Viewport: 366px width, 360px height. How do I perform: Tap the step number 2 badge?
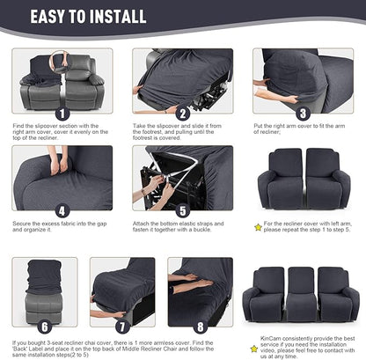pos(183,113)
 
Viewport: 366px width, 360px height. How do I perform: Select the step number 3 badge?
pos(302,113)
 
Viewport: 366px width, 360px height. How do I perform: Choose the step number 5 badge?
pos(183,211)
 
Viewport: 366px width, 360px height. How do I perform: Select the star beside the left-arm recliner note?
pos(258,227)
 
